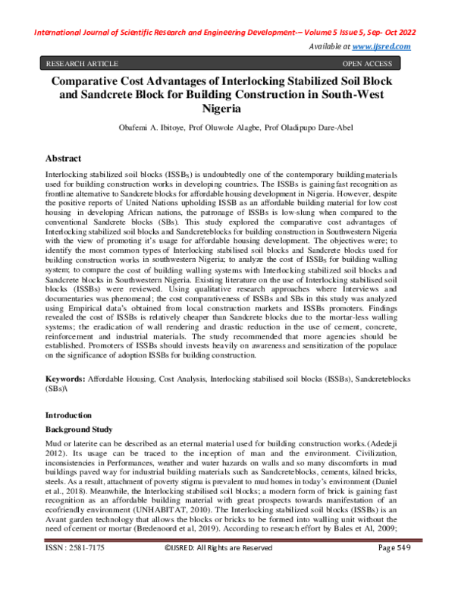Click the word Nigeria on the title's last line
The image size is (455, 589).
(x=227, y=109)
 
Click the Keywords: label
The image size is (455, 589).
(x=65, y=377)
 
